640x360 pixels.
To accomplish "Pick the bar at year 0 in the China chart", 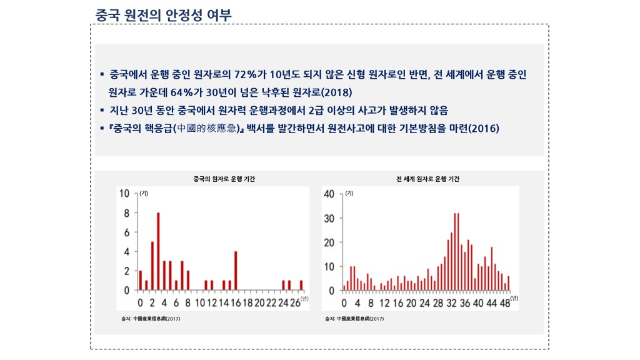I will (141, 281).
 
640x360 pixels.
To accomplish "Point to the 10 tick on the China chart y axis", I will (124, 194).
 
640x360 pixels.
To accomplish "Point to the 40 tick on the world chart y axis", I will (329, 194).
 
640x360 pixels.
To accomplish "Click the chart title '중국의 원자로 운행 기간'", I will (224, 179).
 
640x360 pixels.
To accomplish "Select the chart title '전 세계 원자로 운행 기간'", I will (428, 179).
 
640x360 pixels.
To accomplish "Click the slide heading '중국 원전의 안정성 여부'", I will (164, 14).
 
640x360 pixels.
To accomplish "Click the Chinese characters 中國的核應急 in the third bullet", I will (205, 129).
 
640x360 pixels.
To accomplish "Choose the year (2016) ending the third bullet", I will (483, 129).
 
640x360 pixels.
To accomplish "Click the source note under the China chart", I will (151, 319).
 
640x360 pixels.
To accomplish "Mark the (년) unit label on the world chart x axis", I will (514, 298).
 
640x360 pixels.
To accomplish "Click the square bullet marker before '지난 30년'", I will (101, 111).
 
